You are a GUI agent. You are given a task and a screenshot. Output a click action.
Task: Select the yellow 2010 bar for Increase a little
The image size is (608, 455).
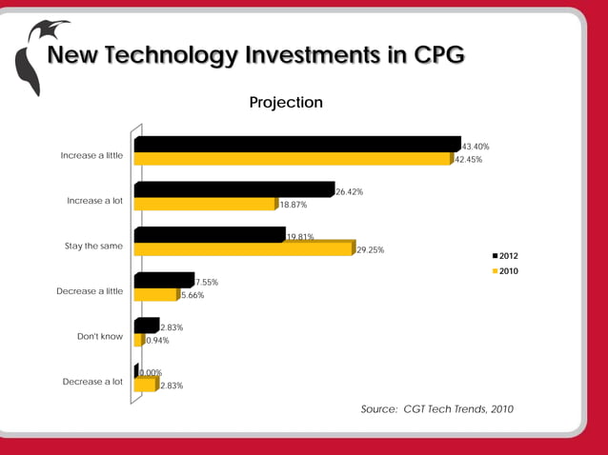click(x=292, y=159)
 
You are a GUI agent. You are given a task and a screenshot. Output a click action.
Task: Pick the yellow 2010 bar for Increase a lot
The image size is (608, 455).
click(x=205, y=204)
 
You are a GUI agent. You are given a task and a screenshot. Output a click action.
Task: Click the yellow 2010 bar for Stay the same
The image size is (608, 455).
click(x=243, y=249)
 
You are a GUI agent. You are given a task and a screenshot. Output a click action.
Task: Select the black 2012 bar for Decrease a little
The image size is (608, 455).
click(x=164, y=281)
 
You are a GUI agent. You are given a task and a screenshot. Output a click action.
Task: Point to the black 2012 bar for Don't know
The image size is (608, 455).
click(x=146, y=326)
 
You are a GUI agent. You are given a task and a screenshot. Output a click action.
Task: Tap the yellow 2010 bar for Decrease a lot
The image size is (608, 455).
click(x=144, y=386)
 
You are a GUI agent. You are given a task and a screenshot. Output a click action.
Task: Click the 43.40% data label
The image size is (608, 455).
click(x=476, y=147)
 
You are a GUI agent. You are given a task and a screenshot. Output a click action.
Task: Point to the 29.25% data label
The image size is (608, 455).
click(x=370, y=250)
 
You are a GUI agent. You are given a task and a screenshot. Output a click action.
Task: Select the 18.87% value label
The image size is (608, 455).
click(x=293, y=205)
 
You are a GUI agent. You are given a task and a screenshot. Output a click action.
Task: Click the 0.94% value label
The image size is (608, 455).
click(x=157, y=341)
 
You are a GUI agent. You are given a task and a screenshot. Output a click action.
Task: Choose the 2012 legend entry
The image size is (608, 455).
click(x=505, y=256)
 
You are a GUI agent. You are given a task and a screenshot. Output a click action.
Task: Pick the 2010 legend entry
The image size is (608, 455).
click(x=505, y=271)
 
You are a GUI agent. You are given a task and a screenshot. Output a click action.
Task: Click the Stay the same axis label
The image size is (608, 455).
click(x=93, y=246)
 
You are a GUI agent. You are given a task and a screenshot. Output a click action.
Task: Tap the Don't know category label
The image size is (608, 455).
click(x=100, y=336)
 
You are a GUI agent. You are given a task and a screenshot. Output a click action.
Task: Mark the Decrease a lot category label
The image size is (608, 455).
click(x=92, y=382)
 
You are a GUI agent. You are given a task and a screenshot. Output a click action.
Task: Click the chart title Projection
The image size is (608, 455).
click(x=286, y=102)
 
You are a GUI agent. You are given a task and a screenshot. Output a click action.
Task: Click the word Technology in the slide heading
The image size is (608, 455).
click(x=168, y=56)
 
